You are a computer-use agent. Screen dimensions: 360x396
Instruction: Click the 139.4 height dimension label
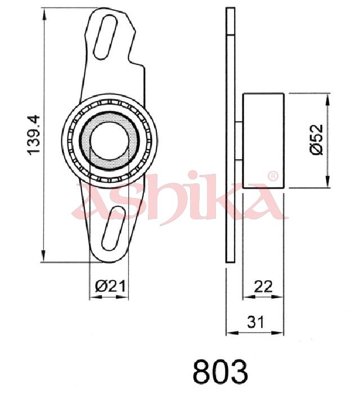click(34, 135)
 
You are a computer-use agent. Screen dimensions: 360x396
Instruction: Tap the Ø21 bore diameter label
click(110, 286)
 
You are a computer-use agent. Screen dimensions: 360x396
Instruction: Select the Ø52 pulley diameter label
click(316, 139)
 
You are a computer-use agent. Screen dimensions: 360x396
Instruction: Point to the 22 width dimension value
click(263, 286)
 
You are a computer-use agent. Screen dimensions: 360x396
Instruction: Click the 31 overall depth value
click(255, 322)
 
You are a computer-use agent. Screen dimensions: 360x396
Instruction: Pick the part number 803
click(220, 371)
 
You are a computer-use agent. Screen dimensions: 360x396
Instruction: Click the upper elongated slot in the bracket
click(106, 37)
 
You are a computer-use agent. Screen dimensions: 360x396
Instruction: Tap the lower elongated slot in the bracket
click(114, 228)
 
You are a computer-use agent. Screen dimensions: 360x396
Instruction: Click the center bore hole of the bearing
click(109, 141)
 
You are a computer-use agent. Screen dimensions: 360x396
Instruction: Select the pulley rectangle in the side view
click(263, 141)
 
